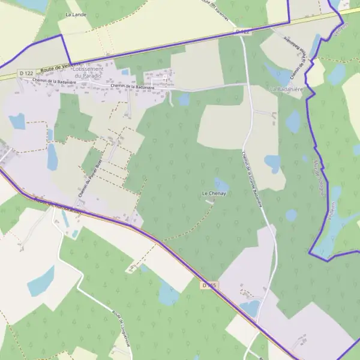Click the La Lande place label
click(76, 14)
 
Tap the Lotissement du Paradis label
click(92, 72)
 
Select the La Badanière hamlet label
click(285, 89)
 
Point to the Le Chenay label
click(213, 194)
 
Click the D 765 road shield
click(208, 286)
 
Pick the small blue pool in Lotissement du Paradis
click(125, 73)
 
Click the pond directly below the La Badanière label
click(292, 122)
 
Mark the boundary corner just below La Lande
click(62, 35)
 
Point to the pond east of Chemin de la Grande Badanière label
click(272, 163)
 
